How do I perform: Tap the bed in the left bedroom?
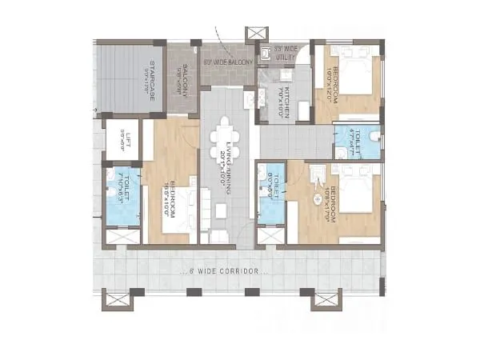[178, 212]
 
